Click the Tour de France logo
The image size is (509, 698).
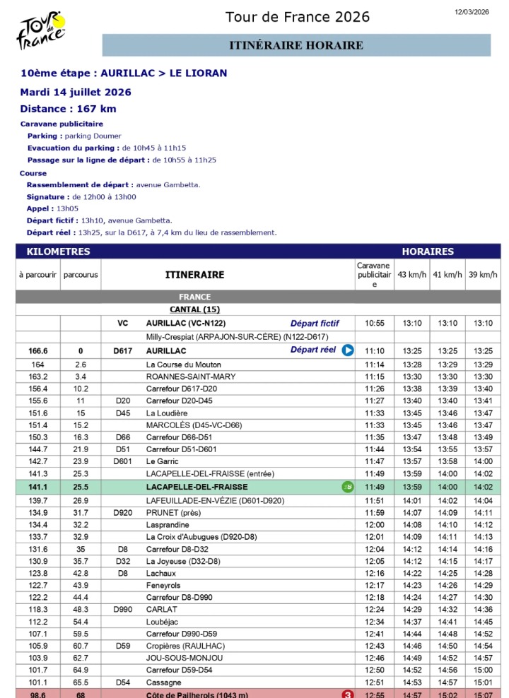42,30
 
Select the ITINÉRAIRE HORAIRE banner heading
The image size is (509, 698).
296,46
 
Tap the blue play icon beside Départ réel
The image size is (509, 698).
347,350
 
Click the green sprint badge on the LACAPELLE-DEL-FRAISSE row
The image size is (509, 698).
347,487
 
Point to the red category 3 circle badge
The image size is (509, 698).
348,694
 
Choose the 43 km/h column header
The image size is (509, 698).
411,274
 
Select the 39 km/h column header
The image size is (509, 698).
483,274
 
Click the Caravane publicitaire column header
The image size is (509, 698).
374,274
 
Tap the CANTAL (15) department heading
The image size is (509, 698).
195,309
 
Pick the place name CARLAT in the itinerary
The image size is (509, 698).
161,609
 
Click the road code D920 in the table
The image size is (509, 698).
123,512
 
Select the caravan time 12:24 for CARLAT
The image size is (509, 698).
374,609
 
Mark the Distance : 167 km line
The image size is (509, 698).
68,109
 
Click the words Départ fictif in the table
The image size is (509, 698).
315,323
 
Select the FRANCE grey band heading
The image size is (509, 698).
195,297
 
